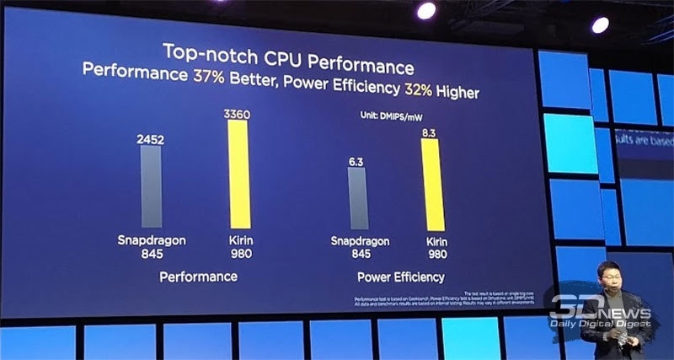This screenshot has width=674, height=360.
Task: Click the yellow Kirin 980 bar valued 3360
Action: pos(238,174)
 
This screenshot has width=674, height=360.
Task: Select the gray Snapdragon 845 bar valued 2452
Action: pos(151,186)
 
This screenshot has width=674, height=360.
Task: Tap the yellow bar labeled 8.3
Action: pos(431,184)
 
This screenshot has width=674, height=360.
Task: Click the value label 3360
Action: pos(237,112)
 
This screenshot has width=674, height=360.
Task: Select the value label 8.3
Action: pos(431,132)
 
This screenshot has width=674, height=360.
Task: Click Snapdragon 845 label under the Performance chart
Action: pos(151,245)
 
